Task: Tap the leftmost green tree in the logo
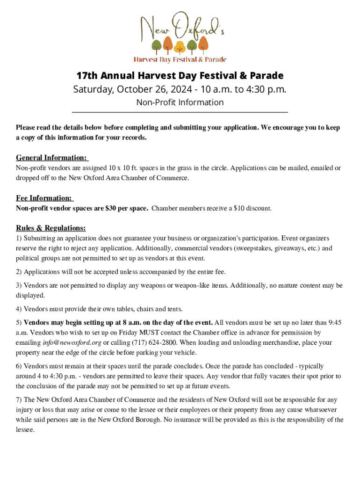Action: tap(157, 45)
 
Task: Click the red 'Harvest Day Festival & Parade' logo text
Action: tap(180, 59)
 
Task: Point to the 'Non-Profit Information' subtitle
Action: tap(180, 102)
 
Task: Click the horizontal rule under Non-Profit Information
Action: tap(180, 112)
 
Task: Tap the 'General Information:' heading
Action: tap(52, 158)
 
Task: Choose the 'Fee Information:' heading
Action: tap(44, 198)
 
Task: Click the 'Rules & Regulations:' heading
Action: tap(51, 228)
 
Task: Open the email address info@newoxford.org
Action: tap(72, 343)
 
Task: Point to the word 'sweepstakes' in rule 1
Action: tap(265, 248)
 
